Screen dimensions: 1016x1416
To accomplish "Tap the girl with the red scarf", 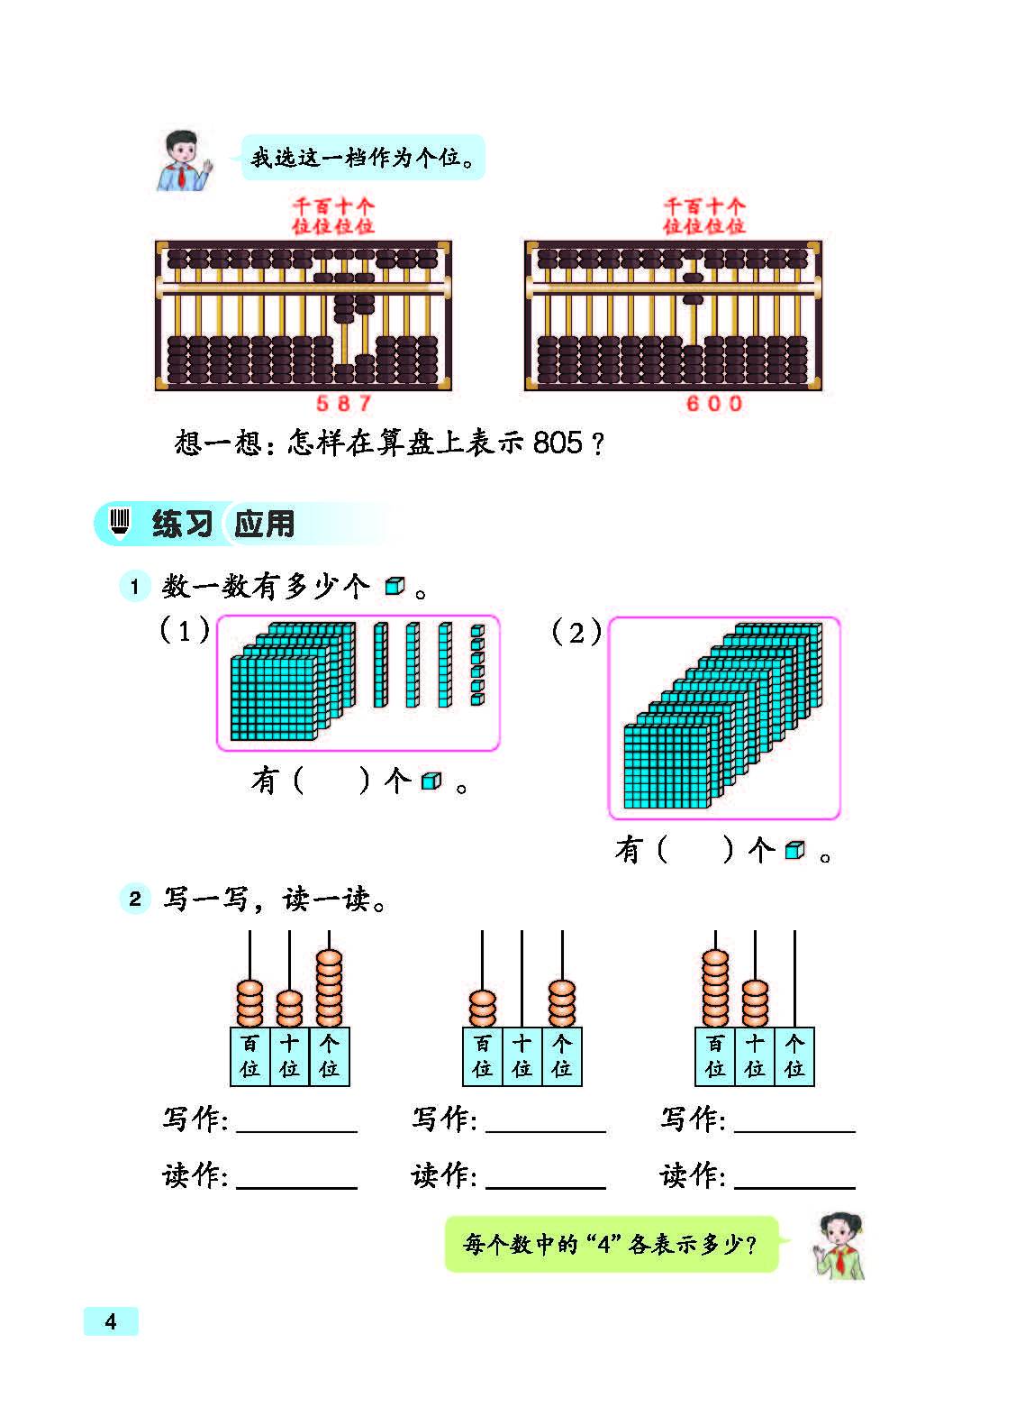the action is [839, 1247].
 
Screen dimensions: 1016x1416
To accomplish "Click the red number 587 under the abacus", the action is [344, 403].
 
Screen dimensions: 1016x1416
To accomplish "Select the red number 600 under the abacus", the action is [714, 403].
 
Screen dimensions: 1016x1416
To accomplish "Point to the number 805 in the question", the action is [558, 443].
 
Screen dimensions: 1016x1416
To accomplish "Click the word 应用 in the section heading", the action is [264, 524].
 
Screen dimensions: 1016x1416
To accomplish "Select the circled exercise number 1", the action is [134, 586].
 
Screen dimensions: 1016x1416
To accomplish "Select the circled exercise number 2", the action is [134, 899].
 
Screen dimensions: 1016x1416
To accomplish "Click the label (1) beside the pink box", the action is [185, 630].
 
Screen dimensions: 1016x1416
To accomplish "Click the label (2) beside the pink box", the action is [576, 632].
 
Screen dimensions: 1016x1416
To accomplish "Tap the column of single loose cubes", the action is [477, 664].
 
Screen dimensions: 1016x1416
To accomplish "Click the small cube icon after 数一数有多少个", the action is [395, 586].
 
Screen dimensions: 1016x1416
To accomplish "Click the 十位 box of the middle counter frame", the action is [522, 1056].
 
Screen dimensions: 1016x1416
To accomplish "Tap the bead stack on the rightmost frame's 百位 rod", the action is [715, 988].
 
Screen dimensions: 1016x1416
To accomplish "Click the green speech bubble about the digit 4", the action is [612, 1244].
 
